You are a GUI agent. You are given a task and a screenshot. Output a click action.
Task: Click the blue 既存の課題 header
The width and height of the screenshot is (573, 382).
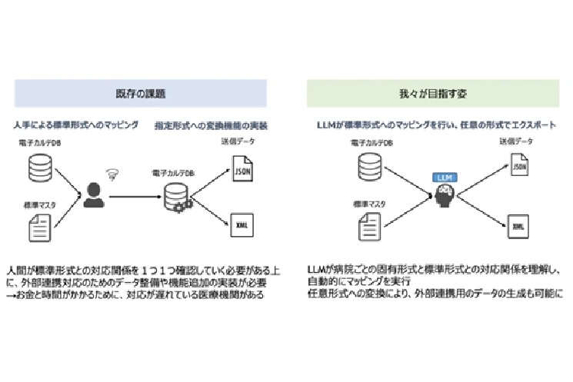coord(140,93)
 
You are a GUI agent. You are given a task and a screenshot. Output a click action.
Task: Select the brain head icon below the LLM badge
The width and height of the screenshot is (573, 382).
coord(444,196)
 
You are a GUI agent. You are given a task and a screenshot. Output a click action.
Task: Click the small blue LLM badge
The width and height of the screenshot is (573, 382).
coord(444,177)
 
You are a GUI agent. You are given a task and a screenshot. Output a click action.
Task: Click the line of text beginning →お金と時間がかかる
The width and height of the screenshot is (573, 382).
coord(138,296)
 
